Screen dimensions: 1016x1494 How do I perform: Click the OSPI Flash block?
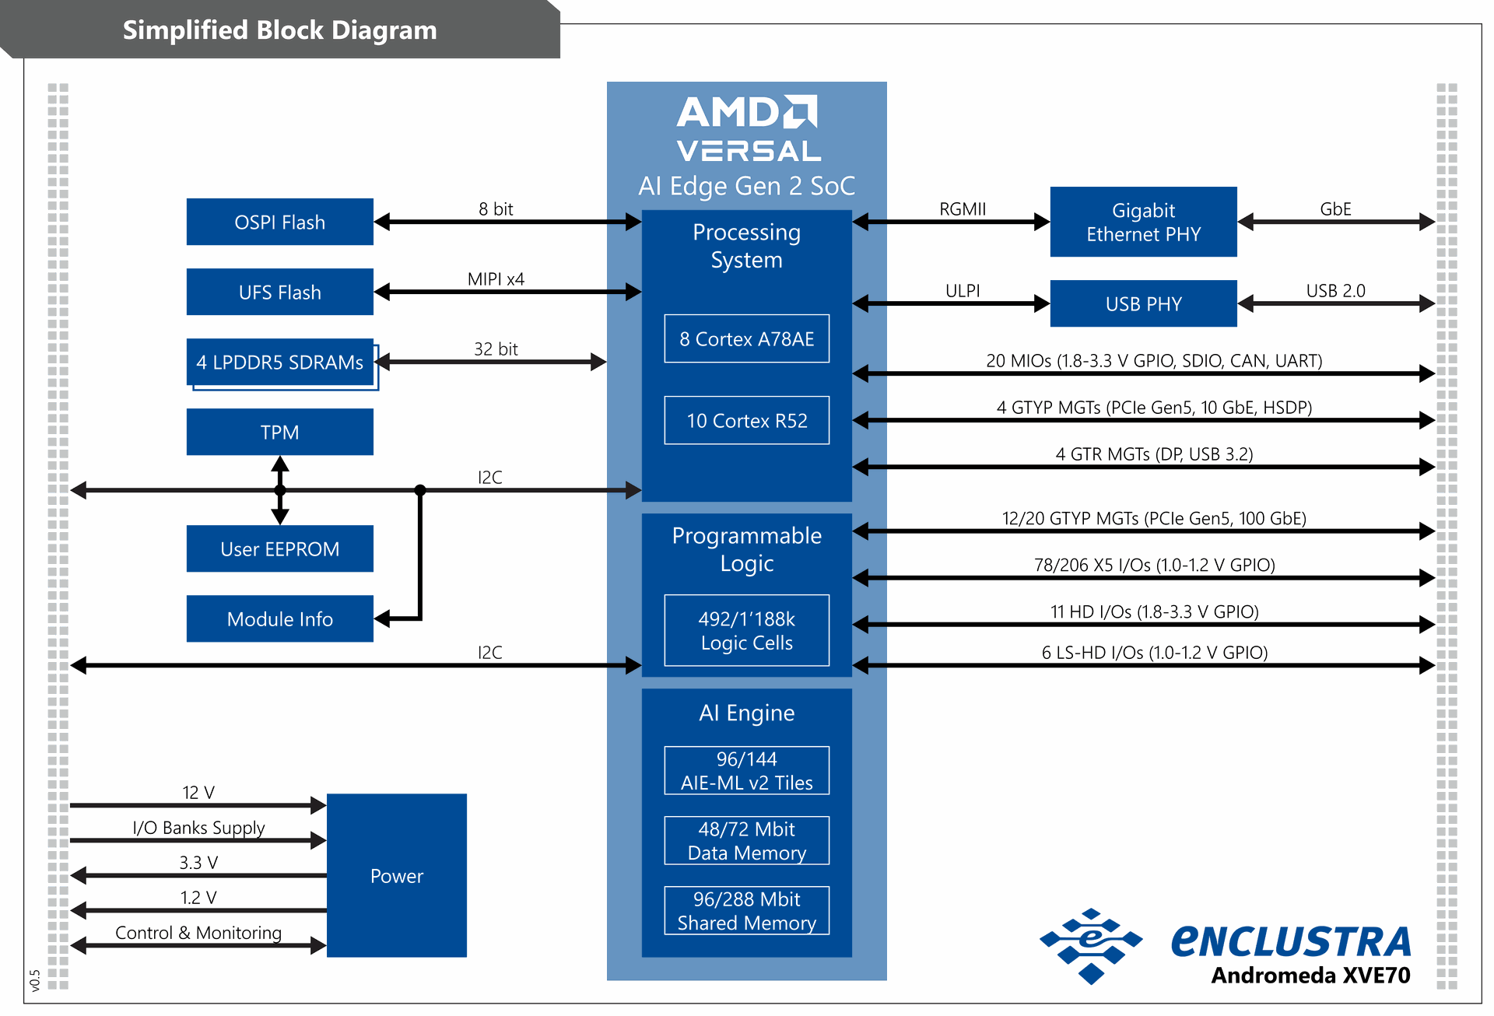(279, 222)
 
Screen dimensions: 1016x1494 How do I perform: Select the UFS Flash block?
(279, 292)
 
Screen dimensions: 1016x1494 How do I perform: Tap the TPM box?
(279, 432)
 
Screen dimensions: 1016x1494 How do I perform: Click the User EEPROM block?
(279, 548)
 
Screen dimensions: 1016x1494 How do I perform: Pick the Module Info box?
(279, 618)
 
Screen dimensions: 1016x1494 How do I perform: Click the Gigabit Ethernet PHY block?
(1143, 222)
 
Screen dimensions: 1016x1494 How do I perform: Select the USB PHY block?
(1143, 303)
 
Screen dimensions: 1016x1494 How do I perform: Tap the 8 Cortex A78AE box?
(746, 338)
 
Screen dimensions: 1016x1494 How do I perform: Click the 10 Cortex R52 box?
(746, 420)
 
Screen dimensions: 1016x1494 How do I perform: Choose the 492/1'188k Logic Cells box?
(746, 630)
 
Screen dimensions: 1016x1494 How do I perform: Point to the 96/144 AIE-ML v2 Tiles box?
(746, 770)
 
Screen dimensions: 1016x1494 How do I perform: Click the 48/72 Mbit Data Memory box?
(746, 840)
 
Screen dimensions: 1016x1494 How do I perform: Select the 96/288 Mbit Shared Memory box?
(746, 910)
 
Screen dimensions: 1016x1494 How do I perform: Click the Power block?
(396, 875)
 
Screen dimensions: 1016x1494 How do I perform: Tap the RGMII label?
(963, 208)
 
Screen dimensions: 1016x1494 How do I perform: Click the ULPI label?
(963, 290)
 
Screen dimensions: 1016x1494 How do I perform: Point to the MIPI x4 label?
(496, 279)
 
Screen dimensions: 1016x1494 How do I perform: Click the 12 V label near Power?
(198, 792)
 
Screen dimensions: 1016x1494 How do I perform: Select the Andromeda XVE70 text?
(1310, 975)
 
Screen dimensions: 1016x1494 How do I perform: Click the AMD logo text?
(746, 113)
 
